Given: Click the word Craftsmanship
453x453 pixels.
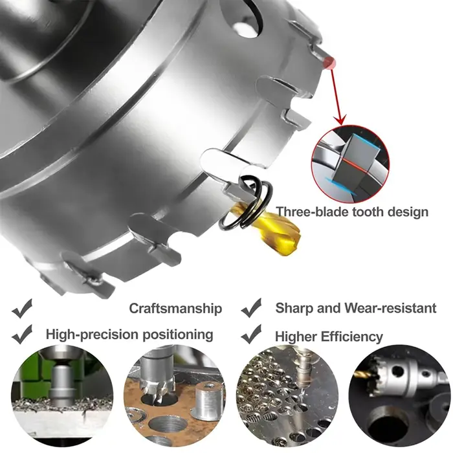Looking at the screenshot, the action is [175, 309].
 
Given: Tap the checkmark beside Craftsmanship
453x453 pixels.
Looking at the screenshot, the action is [22, 309].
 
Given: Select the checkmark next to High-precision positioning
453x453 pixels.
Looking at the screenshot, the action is [22, 335].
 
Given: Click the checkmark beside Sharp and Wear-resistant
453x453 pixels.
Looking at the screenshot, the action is [251, 308].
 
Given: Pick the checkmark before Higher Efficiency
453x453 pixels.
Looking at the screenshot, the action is [251, 334].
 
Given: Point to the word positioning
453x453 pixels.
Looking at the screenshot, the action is [178, 335].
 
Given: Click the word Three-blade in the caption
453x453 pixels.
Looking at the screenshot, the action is [313, 212].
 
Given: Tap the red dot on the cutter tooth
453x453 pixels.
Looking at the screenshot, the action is [329, 62].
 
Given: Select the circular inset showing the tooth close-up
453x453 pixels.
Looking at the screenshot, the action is [350, 164].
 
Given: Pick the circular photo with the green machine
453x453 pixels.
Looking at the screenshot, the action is [62, 398].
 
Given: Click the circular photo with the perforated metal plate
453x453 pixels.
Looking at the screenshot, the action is [287, 398].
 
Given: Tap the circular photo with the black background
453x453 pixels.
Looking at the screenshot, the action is [400, 398].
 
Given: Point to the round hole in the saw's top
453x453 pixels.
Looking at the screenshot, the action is [245, 26].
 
